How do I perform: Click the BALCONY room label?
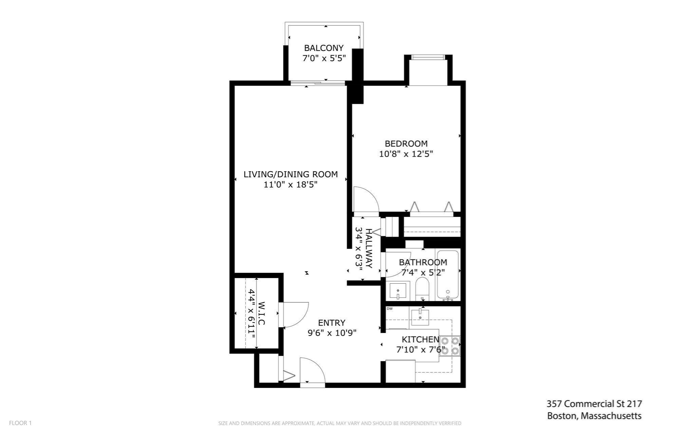click(x=324, y=48)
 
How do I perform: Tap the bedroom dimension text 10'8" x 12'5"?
click(x=406, y=154)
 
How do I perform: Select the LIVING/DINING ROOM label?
click(x=291, y=174)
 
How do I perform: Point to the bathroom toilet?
click(x=422, y=289)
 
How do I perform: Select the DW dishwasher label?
click(x=390, y=309)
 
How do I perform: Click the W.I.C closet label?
click(x=261, y=314)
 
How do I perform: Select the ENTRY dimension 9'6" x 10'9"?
click(x=332, y=333)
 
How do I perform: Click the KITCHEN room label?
click(x=420, y=339)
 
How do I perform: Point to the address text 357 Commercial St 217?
click(x=594, y=404)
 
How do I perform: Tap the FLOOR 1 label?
click(x=20, y=423)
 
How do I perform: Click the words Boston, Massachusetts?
click(x=594, y=416)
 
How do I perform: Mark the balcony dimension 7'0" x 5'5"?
click(x=324, y=58)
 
